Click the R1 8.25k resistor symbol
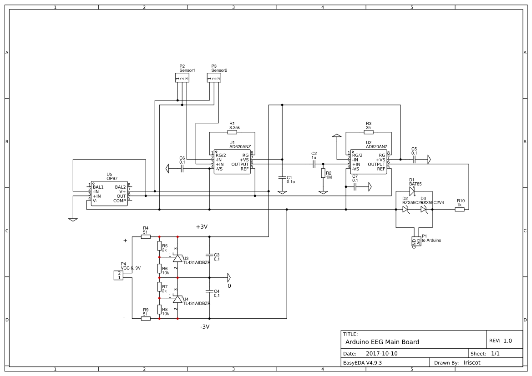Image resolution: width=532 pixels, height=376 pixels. tap(232, 132)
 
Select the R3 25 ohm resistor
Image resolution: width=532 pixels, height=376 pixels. tap(369, 132)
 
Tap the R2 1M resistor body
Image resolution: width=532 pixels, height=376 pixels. tap(323, 173)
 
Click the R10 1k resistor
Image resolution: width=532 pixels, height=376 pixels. tap(459, 210)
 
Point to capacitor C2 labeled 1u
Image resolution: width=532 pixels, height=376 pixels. tap(314, 164)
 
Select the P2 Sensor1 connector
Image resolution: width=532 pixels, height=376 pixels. tap(182, 78)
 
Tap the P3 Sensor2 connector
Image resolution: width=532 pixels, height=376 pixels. tap(213, 78)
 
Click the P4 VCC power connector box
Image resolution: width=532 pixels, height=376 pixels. tap(118, 275)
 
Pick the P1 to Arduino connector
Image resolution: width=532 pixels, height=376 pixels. tap(416, 241)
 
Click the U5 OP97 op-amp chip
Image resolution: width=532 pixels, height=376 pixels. tap(109, 193)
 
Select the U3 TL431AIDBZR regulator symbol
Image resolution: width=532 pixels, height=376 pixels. tap(177, 258)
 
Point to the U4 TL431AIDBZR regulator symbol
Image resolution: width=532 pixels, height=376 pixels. tap(177, 299)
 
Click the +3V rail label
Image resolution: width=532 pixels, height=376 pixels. tap(202, 227)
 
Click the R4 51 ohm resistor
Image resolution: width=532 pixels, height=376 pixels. tap(146, 237)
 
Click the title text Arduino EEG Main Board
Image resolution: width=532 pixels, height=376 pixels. tap(382, 342)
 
